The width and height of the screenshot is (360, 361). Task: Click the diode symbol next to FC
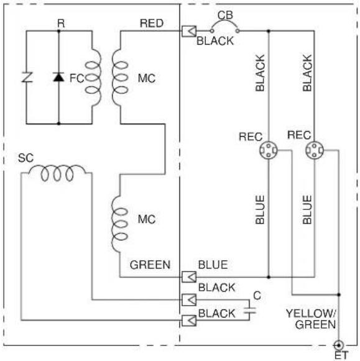point(58,76)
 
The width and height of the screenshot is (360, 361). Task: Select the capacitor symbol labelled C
point(249,310)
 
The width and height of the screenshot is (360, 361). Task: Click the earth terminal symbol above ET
point(338,345)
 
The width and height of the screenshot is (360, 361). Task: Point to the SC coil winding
point(57,173)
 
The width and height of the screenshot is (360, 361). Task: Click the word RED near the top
point(152,23)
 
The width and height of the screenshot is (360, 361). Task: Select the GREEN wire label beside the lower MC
point(150,265)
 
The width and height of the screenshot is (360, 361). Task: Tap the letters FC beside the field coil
point(77,78)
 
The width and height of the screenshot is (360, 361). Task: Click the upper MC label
point(147,78)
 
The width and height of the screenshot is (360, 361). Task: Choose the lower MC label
point(147,219)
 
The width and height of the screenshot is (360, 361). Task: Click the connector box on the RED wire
point(189,31)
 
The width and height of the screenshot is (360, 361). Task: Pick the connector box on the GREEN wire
point(189,277)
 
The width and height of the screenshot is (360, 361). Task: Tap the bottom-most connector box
point(189,320)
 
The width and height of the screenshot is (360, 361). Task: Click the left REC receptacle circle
point(269,150)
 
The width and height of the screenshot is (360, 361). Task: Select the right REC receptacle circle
point(315,150)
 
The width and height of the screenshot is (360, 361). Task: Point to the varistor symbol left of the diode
point(27,77)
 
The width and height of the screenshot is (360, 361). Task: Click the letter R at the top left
point(61,23)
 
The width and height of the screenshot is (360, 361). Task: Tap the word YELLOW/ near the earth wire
point(311,314)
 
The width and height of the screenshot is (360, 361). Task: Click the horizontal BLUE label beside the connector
point(213,265)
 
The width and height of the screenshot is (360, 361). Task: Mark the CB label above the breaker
point(225,16)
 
